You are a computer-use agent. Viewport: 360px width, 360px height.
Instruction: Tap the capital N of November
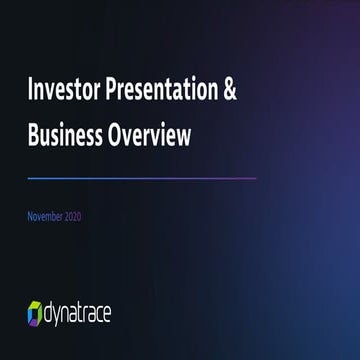30,217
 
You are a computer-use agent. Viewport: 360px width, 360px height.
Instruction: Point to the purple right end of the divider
254,178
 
